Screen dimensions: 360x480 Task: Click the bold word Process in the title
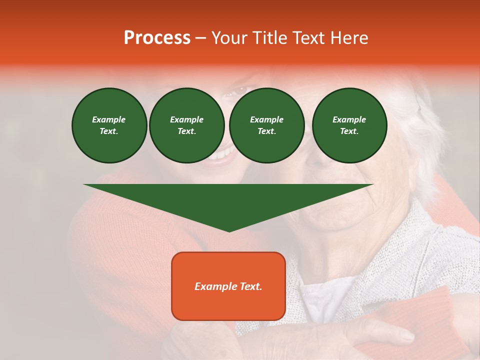(157, 38)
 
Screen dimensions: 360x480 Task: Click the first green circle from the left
(109, 125)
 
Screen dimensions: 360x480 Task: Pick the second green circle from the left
(186, 125)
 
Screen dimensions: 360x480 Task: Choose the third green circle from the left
(266, 125)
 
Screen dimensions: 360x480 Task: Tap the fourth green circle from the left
(349, 125)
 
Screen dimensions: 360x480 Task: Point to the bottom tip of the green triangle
(229, 231)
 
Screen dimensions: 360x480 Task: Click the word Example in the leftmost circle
(109, 119)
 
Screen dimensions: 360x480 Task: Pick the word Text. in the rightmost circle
(349, 131)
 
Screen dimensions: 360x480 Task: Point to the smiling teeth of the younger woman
(220, 154)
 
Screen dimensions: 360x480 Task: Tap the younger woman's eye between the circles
(239, 91)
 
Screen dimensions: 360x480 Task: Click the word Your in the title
(230, 38)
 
